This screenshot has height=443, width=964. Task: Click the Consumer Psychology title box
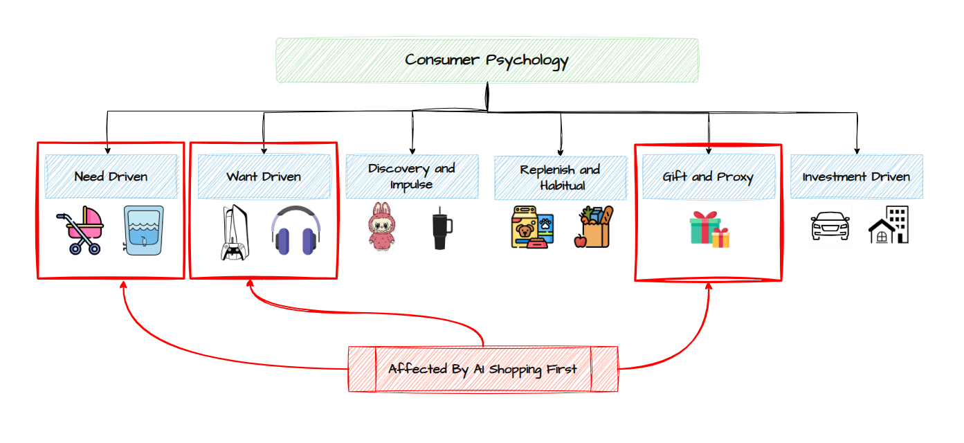[x=486, y=60]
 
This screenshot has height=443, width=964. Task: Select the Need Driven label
[x=111, y=177]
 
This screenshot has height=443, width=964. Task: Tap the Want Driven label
[x=263, y=177]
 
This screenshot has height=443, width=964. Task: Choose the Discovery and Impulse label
[x=412, y=177]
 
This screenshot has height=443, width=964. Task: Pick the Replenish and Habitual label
[x=560, y=177]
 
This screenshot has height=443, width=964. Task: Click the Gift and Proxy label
[x=708, y=177]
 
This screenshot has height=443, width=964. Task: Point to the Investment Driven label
[x=856, y=177]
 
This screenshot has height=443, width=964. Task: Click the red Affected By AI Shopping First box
[x=482, y=368]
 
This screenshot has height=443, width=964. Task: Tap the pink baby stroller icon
[x=80, y=230]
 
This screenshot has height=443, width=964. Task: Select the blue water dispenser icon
[x=143, y=230]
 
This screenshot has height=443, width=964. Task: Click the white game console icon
[x=233, y=233]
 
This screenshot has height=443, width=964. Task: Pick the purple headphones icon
[x=296, y=231]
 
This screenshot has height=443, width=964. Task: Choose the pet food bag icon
[x=531, y=227]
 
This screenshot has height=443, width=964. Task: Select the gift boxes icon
[x=709, y=229]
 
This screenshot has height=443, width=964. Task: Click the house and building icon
[x=889, y=225]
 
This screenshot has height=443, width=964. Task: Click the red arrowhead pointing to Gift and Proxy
[x=709, y=286]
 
